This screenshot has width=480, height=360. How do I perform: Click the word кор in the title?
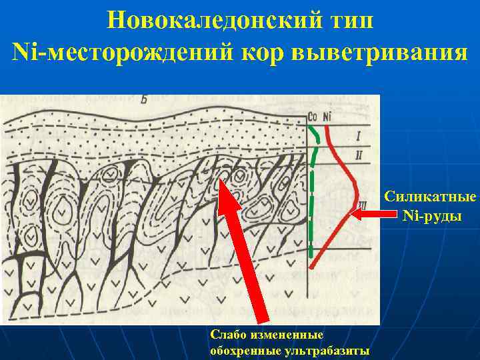(254, 51)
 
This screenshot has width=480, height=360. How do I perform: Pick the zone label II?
(359, 155)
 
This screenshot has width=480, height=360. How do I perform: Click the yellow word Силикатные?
(430, 198)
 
